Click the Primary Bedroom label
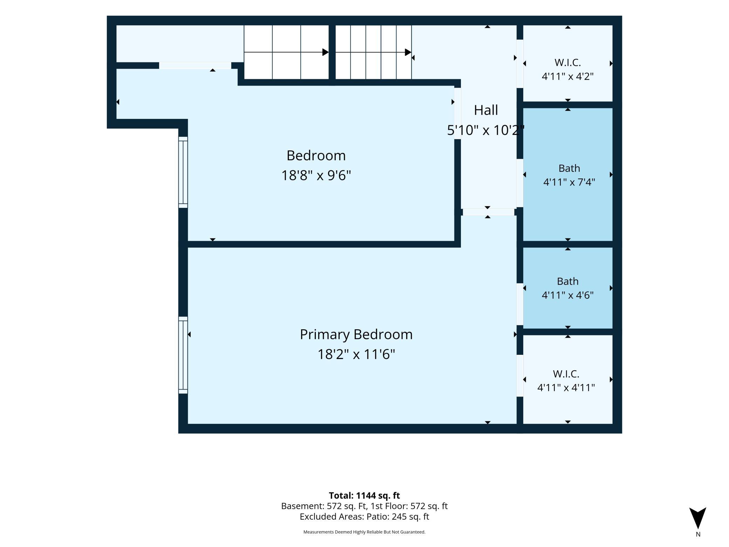pyautogui.click(x=356, y=335)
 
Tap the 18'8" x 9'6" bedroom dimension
pyautogui.click(x=316, y=175)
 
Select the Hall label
pyautogui.click(x=486, y=110)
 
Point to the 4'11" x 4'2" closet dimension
pyautogui.click(x=567, y=76)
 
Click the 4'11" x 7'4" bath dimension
pyautogui.click(x=569, y=182)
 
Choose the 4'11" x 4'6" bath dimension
pyautogui.click(x=567, y=295)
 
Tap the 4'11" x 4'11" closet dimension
pyautogui.click(x=566, y=387)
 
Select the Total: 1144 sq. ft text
pyautogui.click(x=364, y=495)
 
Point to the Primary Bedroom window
pyautogui.click(x=183, y=355)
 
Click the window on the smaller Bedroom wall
pyautogui.click(x=183, y=172)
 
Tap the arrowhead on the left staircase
pyautogui.click(x=325, y=52)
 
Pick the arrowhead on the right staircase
pyautogui.click(x=408, y=52)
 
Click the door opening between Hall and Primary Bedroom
pyautogui.click(x=489, y=212)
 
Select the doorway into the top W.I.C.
pyautogui.click(x=520, y=63)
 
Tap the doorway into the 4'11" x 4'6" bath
pyautogui.click(x=520, y=304)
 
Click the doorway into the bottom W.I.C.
pyautogui.click(x=520, y=376)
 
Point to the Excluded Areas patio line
pyautogui.click(x=364, y=516)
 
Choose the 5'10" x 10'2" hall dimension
pyautogui.click(x=486, y=130)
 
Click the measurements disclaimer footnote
pyautogui.click(x=364, y=532)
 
